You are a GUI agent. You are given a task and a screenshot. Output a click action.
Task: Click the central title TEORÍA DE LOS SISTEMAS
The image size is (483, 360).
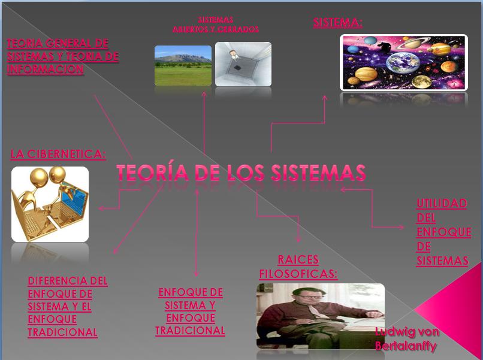click(241, 172)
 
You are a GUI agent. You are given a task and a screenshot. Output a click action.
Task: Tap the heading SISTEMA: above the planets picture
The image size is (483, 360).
click(337, 23)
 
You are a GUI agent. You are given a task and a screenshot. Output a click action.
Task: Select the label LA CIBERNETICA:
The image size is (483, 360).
click(58, 154)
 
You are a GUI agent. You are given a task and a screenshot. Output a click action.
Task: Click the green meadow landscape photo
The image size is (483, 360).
click(183, 66)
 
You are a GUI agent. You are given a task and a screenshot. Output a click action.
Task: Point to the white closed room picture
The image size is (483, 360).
click(243, 64)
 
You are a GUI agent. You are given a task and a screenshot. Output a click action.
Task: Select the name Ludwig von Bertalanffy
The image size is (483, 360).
click(407, 339)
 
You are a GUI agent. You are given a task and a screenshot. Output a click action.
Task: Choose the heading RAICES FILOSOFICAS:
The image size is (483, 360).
click(298, 267)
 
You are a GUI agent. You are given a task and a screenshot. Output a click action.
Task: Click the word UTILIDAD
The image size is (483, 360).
click(442, 204)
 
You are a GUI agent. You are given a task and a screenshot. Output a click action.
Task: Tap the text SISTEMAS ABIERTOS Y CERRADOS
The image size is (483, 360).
click(216, 25)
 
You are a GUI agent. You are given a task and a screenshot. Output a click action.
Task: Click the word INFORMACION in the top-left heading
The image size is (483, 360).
click(46, 69)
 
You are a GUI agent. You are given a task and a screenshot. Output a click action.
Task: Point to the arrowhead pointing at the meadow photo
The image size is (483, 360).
click(204, 93)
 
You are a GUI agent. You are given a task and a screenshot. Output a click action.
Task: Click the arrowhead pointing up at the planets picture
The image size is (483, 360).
click(324, 98)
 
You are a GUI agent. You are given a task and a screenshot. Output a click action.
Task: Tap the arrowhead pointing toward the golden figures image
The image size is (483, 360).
click(101, 208)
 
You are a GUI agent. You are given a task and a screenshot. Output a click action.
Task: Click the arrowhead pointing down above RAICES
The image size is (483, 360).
click(298, 240)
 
